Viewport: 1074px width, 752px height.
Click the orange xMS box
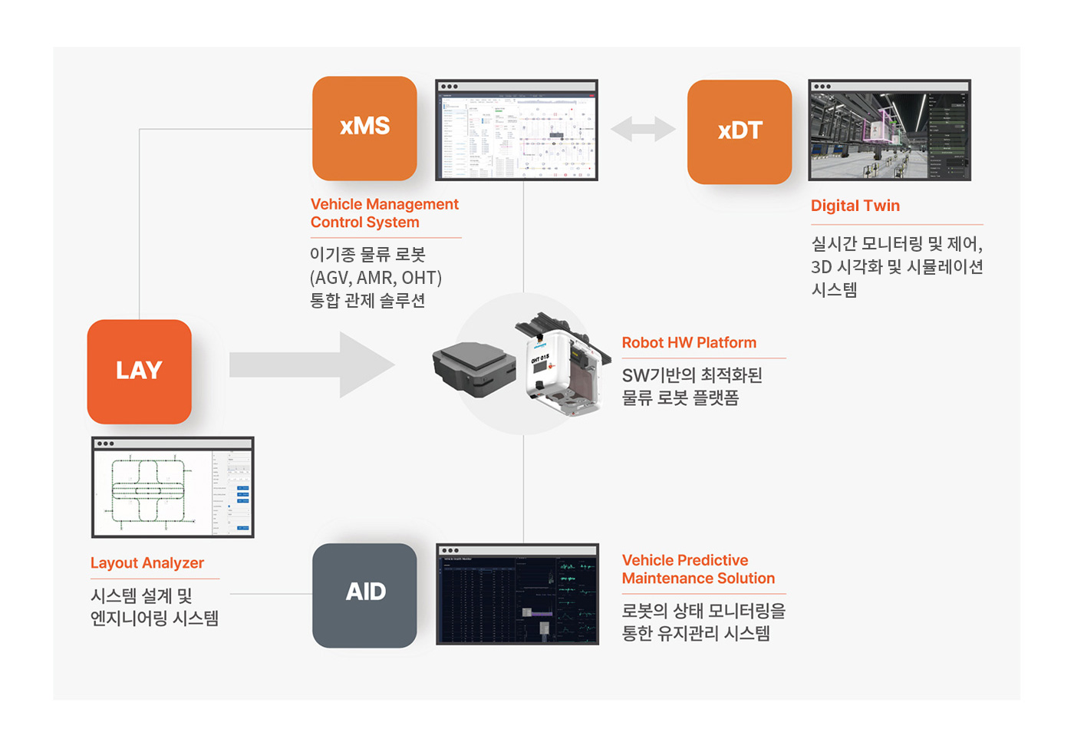[x=364, y=128]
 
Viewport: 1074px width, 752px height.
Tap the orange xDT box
[x=740, y=132]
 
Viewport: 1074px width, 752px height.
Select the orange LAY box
[x=139, y=371]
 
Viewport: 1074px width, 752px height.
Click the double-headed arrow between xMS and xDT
[x=643, y=129]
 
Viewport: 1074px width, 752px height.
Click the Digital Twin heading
[x=855, y=206]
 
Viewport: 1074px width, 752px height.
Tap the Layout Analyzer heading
[x=147, y=563]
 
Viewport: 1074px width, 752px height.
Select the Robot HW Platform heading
[x=689, y=343]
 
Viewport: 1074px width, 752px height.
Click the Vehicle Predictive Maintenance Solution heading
[x=698, y=569]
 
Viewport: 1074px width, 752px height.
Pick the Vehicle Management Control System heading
[x=384, y=213]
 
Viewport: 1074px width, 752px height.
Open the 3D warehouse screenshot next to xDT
[x=890, y=130]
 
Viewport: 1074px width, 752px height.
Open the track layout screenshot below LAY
[x=173, y=488]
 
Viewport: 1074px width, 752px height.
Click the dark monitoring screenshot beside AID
[x=517, y=595]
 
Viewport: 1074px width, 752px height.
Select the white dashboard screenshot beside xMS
[x=516, y=130]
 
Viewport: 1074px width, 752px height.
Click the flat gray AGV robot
[x=473, y=368]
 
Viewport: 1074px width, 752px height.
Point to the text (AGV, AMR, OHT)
[x=376, y=278]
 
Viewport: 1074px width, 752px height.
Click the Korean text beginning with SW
[x=692, y=375]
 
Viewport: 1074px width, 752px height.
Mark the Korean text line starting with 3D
[x=897, y=267]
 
